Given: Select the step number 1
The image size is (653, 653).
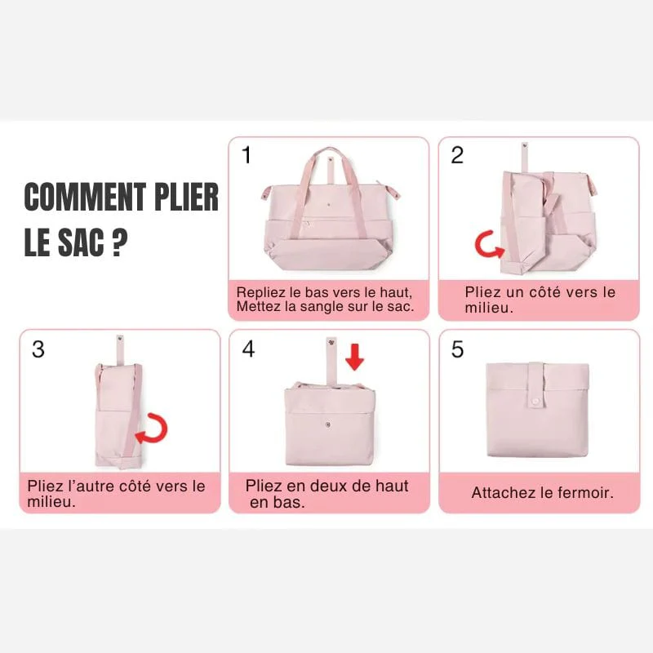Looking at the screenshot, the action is pos(247,155).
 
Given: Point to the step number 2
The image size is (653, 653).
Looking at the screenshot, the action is pos(457,155).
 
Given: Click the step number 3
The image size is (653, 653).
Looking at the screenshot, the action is pos(38,349).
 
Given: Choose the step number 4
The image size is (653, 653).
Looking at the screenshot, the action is pos(248,349).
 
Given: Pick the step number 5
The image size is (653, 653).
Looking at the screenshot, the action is pos(457,349).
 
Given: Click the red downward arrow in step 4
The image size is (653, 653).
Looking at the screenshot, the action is pos(354,357).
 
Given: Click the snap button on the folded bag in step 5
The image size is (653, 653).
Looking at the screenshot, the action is pos(535,402).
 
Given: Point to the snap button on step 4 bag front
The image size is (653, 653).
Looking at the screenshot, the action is pos(328,424).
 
